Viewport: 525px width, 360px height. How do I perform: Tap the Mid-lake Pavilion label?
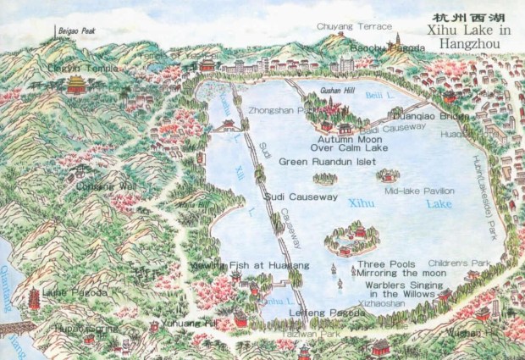pos(419,191)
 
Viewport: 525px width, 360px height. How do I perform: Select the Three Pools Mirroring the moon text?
pos(385,269)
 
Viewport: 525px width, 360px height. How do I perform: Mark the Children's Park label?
pos(459,263)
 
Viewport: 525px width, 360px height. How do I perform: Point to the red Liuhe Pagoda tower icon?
pos(35,298)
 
